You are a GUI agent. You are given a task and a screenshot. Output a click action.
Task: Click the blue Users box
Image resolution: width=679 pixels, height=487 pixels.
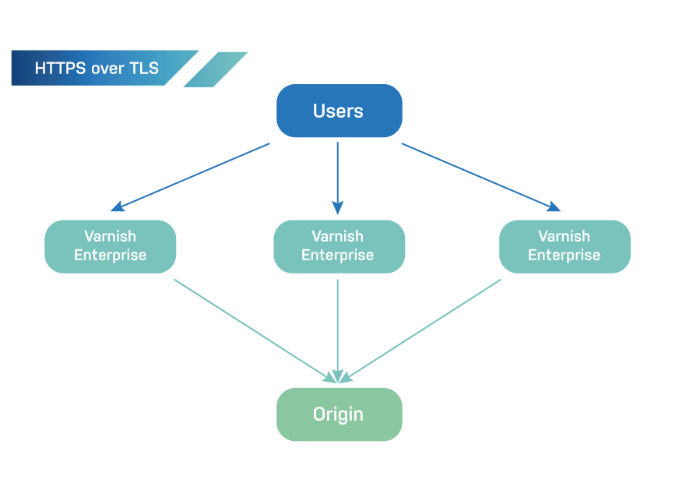tap(339, 111)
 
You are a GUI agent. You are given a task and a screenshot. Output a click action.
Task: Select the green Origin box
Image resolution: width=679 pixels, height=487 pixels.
tap(339, 414)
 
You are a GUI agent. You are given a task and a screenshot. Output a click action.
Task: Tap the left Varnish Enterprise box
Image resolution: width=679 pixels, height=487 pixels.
tap(110, 246)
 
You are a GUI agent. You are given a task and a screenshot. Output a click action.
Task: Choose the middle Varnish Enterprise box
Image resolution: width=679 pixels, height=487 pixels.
tap(339, 246)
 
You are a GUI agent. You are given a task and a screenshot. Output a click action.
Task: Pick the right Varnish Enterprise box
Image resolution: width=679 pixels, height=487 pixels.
tap(564, 246)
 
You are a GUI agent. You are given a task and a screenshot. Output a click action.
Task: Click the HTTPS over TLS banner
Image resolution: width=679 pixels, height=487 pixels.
tap(97, 69)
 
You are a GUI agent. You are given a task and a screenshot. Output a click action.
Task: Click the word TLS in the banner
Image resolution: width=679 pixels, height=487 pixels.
tap(143, 69)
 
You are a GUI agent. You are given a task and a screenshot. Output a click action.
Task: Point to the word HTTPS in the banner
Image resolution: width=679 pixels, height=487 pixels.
tap(57, 69)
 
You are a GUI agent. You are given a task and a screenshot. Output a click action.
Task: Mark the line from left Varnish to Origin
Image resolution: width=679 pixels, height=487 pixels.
tap(253, 329)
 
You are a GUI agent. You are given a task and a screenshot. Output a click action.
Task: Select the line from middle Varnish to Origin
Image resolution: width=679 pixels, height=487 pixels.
tap(337, 327)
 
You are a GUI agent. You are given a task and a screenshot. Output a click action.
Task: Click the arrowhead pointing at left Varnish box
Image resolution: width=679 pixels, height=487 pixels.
tap(117, 206)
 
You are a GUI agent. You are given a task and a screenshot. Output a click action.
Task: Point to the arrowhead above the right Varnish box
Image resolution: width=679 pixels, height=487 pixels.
tap(554, 206)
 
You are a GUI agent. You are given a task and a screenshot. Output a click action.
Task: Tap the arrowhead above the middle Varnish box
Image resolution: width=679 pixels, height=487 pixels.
tap(337, 206)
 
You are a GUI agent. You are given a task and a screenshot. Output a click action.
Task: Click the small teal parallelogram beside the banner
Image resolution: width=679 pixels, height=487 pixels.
tap(216, 69)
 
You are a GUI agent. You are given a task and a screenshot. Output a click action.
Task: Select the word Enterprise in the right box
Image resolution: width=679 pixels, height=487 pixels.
tap(564, 256)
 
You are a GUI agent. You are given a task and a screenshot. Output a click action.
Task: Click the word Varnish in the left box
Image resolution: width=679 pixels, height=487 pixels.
tap(110, 236)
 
